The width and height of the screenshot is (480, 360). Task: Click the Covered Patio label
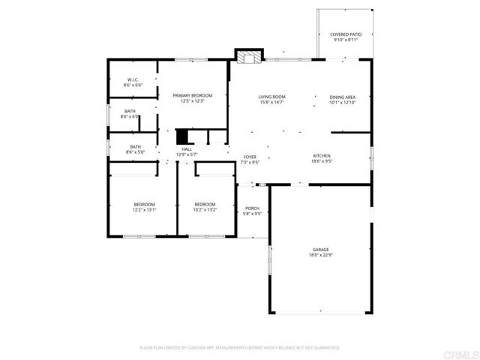pos(345,34)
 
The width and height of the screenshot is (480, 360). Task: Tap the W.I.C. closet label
pos(133,80)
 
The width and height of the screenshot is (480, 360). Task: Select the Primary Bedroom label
pos(192,95)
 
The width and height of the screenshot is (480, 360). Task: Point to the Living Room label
pos(271,97)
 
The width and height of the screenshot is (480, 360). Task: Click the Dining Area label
pos(342,97)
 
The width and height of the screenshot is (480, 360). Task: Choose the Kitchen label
pos(322,156)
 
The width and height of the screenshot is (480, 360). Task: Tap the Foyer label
pos(250,157)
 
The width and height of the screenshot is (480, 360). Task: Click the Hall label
pos(186,149)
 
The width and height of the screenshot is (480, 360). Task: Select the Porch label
pos(253,208)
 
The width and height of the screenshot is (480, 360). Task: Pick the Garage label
pos(321,250)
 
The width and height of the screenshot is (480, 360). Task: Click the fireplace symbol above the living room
pos(249,57)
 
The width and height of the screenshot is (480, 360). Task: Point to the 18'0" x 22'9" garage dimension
pos(321,255)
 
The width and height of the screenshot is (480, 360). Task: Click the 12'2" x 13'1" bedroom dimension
pos(144,210)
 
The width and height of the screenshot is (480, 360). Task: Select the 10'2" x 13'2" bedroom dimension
pos(205,210)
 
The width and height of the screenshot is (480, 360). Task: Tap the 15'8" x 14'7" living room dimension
pos(271,102)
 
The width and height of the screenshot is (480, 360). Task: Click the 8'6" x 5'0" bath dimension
pos(135,152)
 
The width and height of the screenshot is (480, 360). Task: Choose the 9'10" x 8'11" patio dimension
pos(345,40)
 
